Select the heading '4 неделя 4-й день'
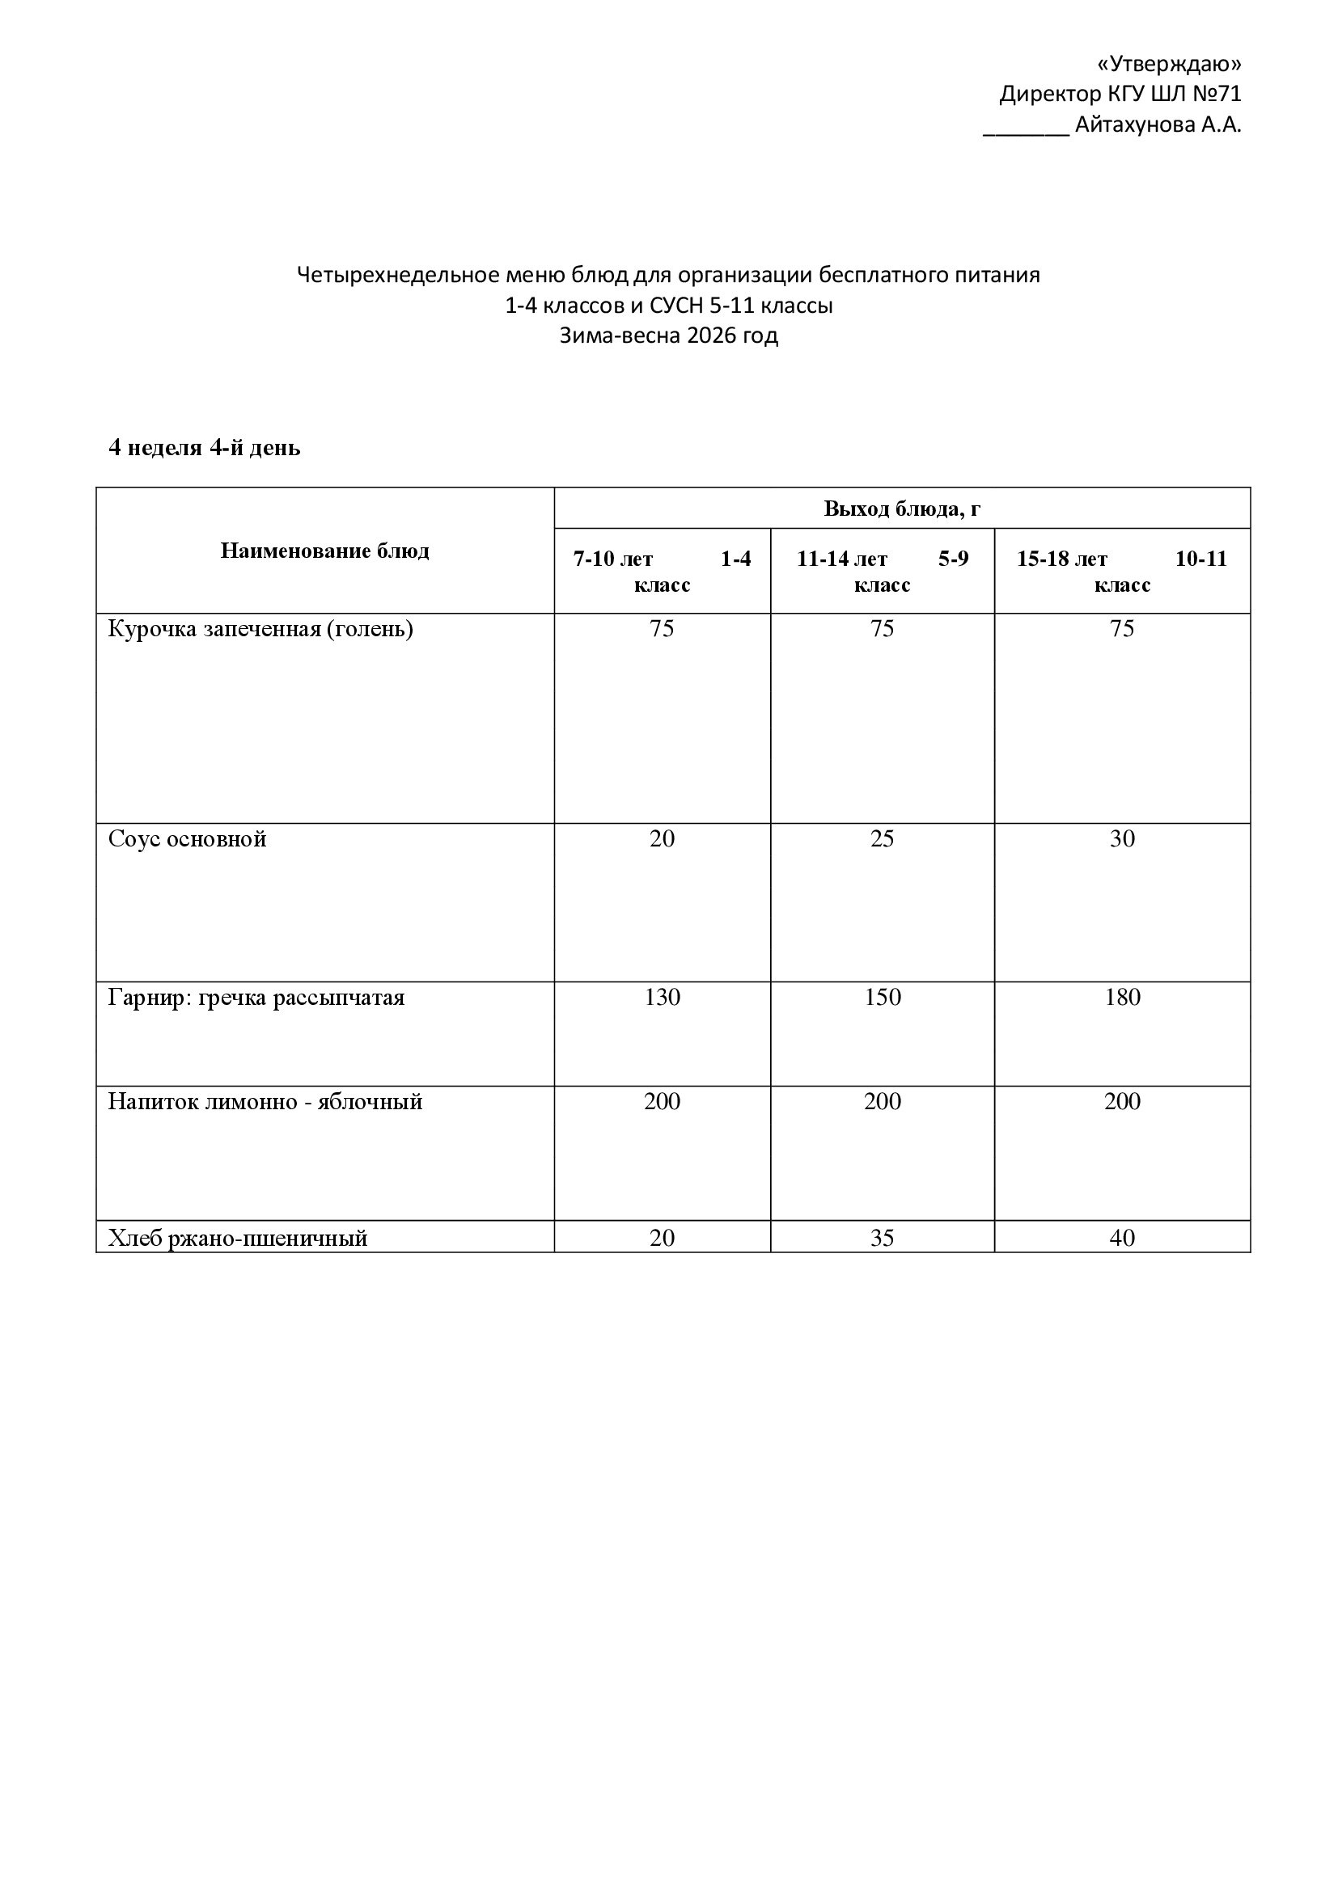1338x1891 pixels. [205, 447]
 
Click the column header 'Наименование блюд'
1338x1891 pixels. [324, 551]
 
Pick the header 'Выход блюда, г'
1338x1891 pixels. [901, 509]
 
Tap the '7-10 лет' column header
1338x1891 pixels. [613, 559]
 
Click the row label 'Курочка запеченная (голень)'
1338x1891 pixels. [260, 628]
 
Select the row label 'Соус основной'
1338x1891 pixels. [187, 838]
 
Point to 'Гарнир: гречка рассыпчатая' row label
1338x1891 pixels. [256, 998]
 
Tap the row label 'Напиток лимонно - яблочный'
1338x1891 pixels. [265, 1101]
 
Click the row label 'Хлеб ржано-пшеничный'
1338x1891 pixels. [237, 1238]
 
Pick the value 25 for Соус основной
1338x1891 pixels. [882, 838]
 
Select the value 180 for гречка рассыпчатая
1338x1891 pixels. [1122, 998]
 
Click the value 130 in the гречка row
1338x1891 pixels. [662, 998]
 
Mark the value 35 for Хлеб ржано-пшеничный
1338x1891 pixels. [882, 1238]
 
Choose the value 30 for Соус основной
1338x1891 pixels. [1122, 838]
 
